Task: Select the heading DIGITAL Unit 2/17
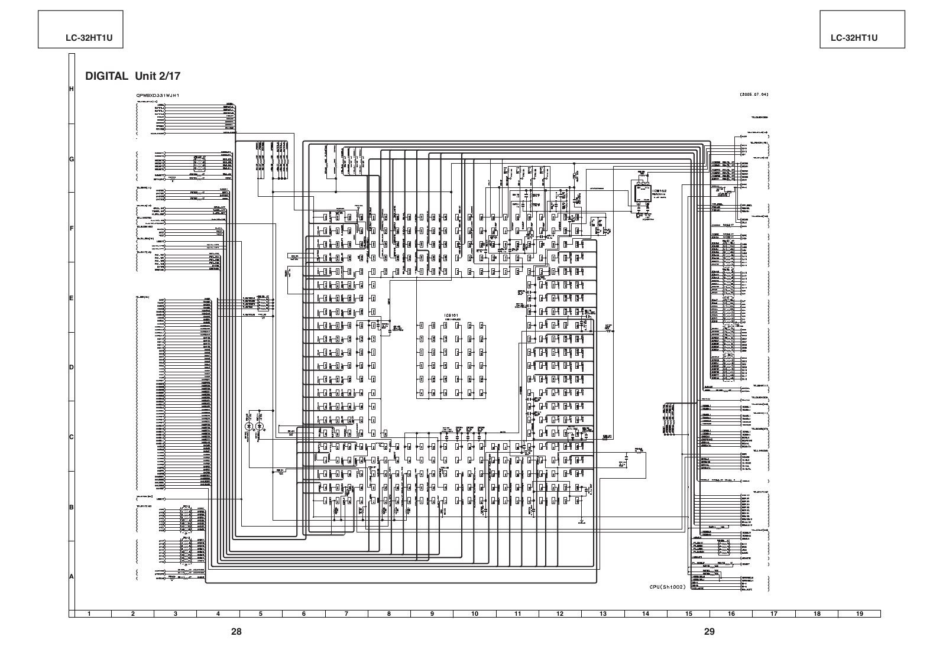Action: coord(133,76)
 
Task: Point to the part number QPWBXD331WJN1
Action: coord(157,95)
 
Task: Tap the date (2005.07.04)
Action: coord(754,95)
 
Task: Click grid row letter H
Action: coord(72,89)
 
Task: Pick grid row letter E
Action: coord(72,298)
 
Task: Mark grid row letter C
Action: coord(72,437)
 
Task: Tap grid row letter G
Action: coord(72,159)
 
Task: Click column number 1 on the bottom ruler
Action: coord(89,613)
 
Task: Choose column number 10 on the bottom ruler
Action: coord(474,613)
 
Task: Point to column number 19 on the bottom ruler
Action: coord(860,613)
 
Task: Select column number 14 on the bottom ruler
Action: coord(646,613)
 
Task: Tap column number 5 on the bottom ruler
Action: coord(261,613)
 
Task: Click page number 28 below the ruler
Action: coord(237,631)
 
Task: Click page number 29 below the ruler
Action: coord(710,631)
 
